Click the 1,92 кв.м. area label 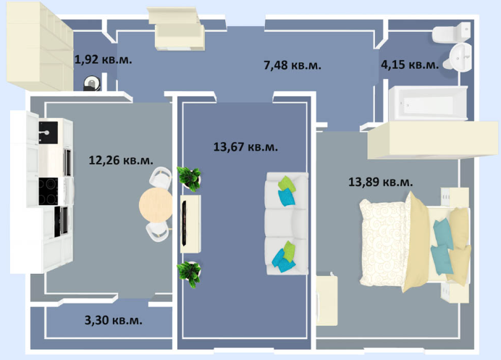coord(103,59)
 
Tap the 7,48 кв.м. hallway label coord(292,65)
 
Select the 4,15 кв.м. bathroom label coord(410,64)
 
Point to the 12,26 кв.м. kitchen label coord(121,160)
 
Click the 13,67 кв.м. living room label coord(245,147)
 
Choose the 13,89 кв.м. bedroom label coord(381,182)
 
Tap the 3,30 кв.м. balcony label coord(114,320)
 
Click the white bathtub coord(428,103)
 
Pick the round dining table coord(156,205)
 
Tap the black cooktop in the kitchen coord(49,191)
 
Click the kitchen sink coord(49,133)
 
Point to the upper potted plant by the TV coord(190,178)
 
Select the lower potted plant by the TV coord(190,274)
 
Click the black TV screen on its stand coord(185,223)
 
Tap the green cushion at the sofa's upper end coord(287,184)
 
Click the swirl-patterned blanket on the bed coord(384,242)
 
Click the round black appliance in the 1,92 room coord(91,83)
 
